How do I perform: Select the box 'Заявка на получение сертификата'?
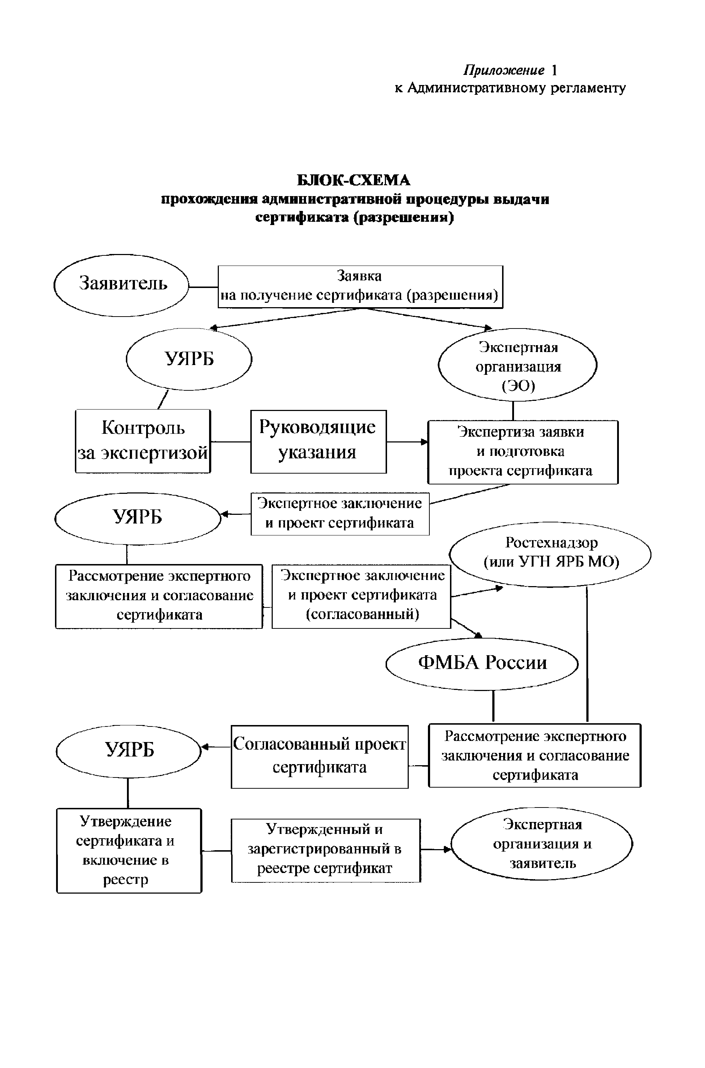pyautogui.click(x=360, y=287)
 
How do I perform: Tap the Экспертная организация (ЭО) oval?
pyautogui.click(x=518, y=366)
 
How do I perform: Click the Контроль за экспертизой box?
pyautogui.click(x=143, y=441)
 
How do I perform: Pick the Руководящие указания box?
pyautogui.click(x=318, y=441)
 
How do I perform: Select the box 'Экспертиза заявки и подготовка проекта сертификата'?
pyautogui.click(x=522, y=452)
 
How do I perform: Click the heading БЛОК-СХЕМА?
pyautogui.click(x=353, y=180)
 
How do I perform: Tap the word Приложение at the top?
pyautogui.click(x=504, y=70)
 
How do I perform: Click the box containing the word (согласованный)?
pyautogui.click(x=361, y=596)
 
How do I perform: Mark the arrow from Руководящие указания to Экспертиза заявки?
pyautogui.click(x=407, y=442)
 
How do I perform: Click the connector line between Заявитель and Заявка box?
pyautogui.click(x=203, y=287)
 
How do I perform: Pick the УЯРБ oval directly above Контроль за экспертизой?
pyautogui.click(x=189, y=359)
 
